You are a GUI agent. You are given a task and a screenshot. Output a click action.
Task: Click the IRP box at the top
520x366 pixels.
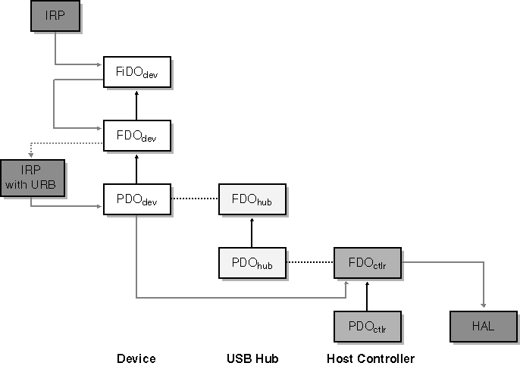55,17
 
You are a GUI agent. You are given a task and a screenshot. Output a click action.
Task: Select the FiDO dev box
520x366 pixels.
137,72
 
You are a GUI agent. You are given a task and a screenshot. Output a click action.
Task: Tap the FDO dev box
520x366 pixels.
137,136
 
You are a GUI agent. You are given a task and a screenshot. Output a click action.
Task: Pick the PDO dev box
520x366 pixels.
137,199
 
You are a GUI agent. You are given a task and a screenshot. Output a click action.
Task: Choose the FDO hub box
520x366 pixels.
252,199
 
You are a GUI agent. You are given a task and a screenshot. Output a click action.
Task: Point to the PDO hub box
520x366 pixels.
252,263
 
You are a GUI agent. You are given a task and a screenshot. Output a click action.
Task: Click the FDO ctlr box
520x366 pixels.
367,263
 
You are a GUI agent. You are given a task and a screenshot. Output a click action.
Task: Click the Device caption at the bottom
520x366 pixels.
136,358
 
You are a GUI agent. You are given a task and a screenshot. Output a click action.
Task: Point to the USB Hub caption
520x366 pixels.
252,358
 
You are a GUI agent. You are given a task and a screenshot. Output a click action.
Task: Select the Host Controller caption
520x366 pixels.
371,358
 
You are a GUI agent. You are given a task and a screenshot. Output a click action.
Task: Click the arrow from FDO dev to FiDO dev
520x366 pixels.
137,104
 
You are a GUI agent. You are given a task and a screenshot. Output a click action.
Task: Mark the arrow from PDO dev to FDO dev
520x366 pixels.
137,167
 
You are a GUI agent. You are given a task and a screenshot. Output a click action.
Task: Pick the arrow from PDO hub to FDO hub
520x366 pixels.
252,231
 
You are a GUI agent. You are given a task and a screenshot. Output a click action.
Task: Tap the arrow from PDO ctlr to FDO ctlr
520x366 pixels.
367,295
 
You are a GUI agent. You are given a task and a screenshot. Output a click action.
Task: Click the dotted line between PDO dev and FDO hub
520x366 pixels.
194,199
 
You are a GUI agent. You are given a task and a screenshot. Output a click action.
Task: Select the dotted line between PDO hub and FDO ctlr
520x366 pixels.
309,263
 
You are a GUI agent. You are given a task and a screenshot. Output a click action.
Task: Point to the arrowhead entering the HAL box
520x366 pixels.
482,306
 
